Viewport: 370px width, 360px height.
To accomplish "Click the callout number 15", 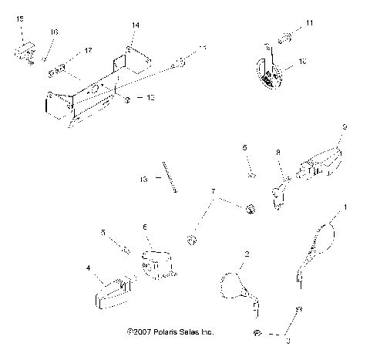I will (x=20, y=17).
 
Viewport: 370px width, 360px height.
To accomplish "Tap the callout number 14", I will (x=135, y=25).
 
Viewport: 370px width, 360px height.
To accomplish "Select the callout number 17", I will (x=88, y=50).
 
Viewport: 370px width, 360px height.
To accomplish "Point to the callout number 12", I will (x=151, y=99).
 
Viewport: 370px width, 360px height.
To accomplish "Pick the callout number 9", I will (x=345, y=126).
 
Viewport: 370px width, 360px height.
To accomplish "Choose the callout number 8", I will (x=277, y=153).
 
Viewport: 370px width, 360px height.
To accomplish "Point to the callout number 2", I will (x=246, y=254).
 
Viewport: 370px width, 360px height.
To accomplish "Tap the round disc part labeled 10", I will (x=271, y=73).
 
